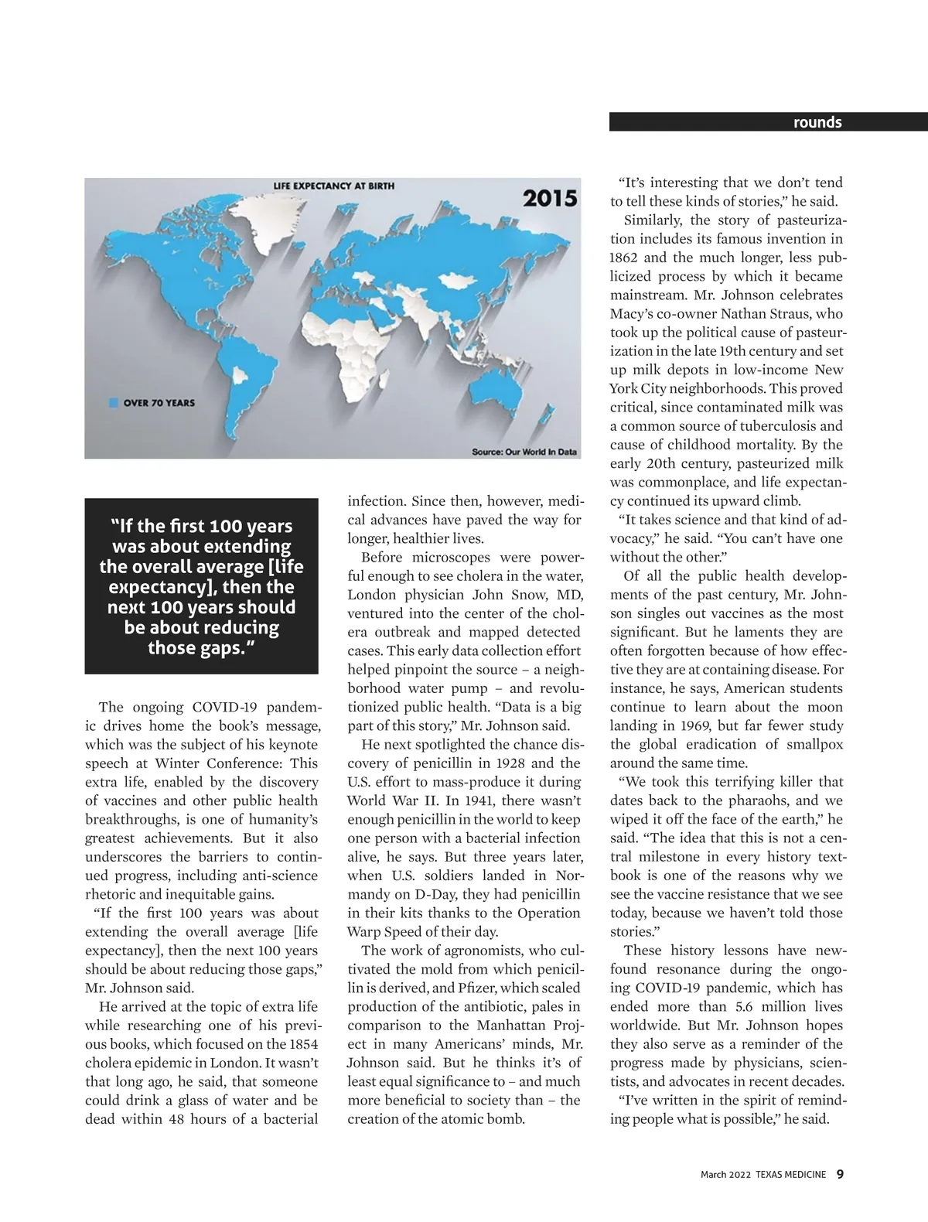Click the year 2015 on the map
click(550, 198)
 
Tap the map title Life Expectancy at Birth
click(333, 186)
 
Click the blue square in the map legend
click(114, 402)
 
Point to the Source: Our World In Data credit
click(524, 452)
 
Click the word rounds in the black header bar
click(817, 122)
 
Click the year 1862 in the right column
click(625, 258)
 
